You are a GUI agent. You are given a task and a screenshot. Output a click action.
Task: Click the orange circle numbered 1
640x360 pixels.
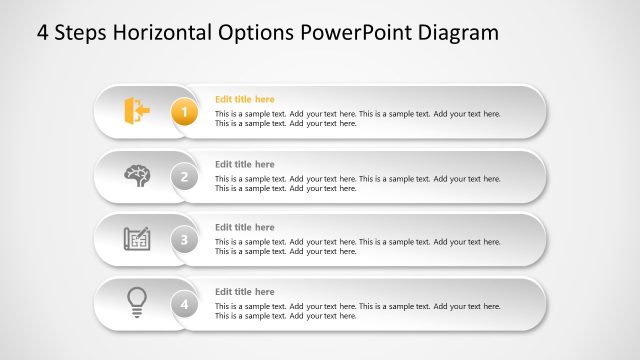coord(183,112)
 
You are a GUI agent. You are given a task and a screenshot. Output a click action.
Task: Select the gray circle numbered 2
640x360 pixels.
coord(183,176)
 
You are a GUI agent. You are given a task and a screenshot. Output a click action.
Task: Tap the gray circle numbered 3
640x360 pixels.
coord(183,240)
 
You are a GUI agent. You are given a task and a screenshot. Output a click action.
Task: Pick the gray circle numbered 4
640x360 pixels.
coord(183,304)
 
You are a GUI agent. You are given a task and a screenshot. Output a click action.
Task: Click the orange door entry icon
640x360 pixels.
coord(136,110)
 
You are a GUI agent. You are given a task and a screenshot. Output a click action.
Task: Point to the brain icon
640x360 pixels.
coord(137,175)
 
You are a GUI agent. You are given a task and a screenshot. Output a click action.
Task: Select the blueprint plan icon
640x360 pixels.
coord(137,239)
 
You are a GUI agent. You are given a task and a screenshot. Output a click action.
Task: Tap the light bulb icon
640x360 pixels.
coord(137,301)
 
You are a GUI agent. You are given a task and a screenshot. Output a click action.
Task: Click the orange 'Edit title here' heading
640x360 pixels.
coord(244,99)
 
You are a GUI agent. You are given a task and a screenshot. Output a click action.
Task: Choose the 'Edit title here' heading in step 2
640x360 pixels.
coord(244,163)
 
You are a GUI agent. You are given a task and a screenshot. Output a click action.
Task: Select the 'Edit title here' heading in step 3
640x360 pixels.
coord(244,227)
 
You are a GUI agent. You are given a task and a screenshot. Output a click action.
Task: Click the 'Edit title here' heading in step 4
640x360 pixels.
coord(244,291)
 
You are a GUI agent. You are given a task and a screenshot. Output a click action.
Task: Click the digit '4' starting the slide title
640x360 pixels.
coord(42,33)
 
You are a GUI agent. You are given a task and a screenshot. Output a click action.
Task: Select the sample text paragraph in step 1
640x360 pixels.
coord(357,119)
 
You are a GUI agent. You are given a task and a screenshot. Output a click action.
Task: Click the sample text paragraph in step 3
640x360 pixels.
coord(357,246)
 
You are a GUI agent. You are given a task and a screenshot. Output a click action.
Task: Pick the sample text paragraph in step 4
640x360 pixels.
coord(357,310)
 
